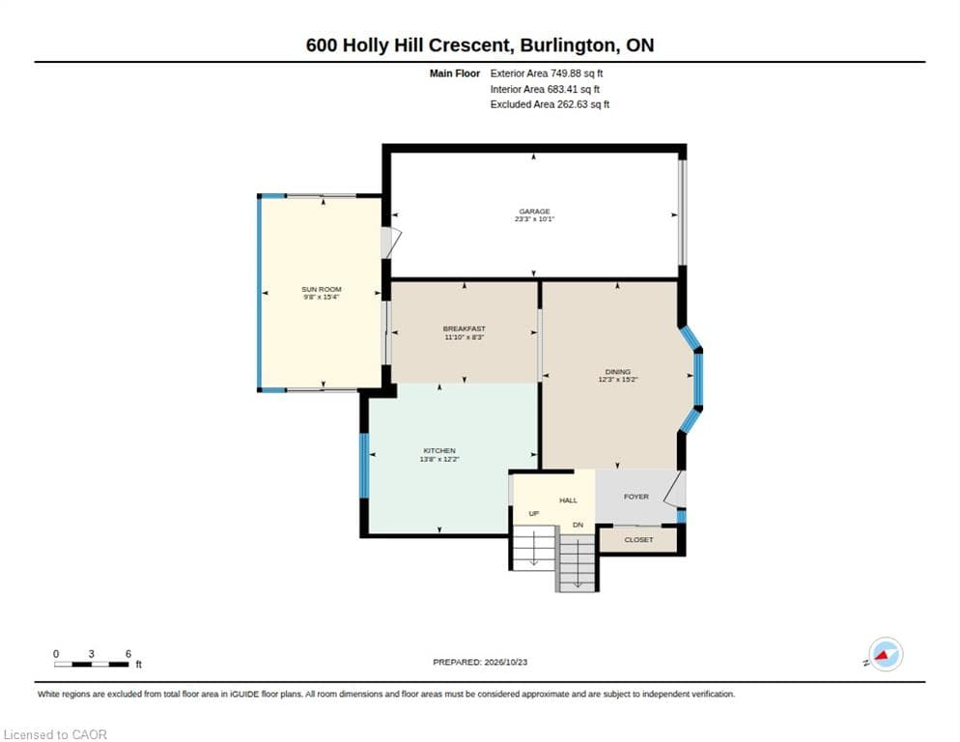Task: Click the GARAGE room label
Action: click(x=534, y=212)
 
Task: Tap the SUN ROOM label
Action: click(x=322, y=289)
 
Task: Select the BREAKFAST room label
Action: click(x=465, y=329)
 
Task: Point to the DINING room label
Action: click(x=618, y=372)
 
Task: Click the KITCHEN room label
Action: click(x=439, y=451)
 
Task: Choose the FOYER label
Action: click(x=636, y=497)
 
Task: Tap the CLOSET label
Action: click(x=638, y=540)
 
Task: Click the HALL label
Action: click(x=568, y=500)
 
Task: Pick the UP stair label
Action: click(x=534, y=513)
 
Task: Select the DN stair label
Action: click(x=578, y=525)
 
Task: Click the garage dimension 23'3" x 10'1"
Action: click(x=534, y=218)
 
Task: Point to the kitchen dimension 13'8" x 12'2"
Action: click(x=439, y=459)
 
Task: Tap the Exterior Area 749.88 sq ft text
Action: click(x=546, y=73)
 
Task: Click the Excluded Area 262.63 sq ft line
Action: click(x=550, y=104)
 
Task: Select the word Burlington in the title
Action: click(x=569, y=45)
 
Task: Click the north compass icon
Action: click(x=886, y=654)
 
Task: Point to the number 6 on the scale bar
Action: click(x=127, y=654)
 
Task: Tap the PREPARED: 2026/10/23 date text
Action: click(x=480, y=663)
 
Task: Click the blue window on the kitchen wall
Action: click(x=364, y=466)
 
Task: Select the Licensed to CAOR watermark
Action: click(x=55, y=734)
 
